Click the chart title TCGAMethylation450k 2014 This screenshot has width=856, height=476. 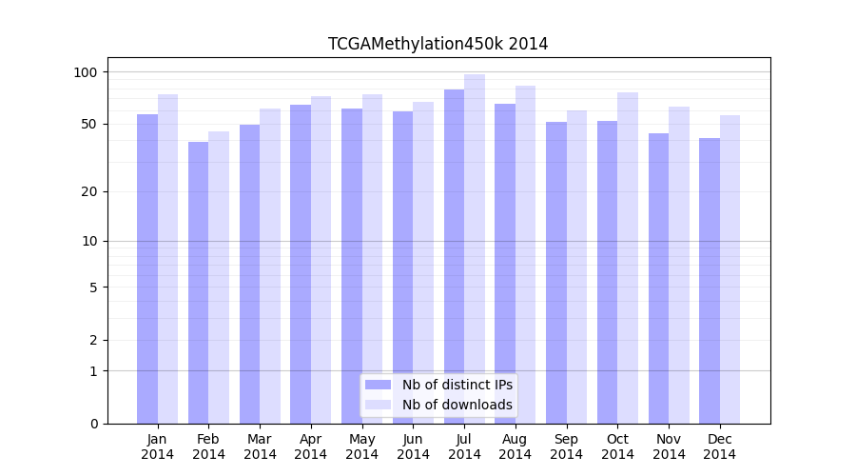[438, 44]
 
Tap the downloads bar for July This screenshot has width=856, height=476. [475, 248]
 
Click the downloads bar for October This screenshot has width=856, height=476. [628, 258]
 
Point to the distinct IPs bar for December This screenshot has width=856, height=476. [710, 281]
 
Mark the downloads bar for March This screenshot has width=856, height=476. [270, 266]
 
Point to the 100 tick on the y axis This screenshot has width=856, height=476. [86, 72]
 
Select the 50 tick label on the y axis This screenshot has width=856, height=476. [89, 124]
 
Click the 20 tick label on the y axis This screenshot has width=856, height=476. [89, 191]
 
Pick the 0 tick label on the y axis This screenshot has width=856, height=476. [93, 424]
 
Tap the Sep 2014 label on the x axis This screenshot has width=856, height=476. [566, 446]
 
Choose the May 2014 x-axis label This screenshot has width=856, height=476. [361, 446]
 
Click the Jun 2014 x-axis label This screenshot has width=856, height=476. [413, 446]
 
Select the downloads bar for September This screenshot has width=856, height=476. [576, 267]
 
